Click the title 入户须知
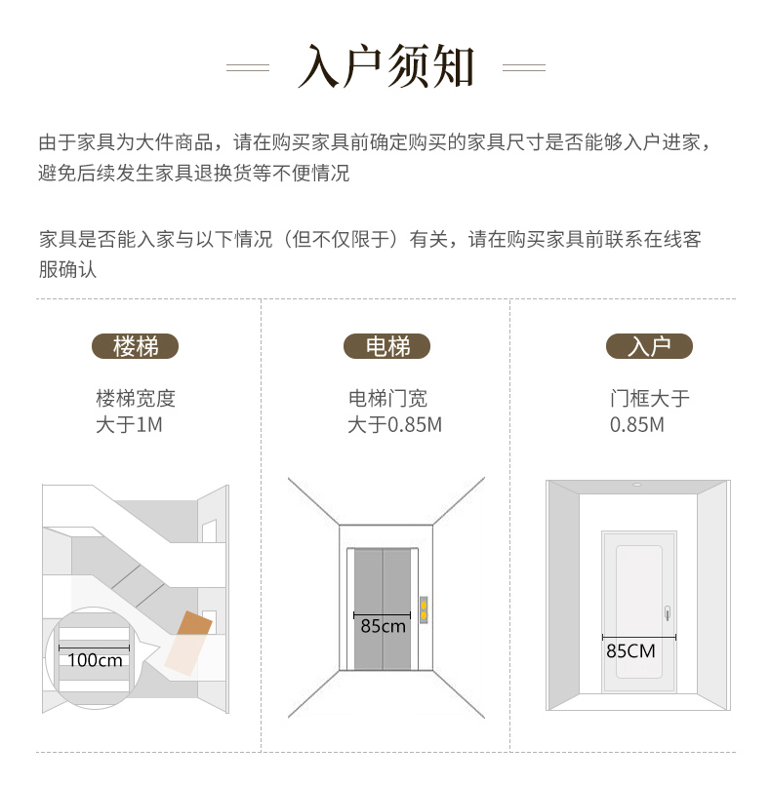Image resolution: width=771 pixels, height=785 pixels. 385,66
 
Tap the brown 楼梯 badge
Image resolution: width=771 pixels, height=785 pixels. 136,346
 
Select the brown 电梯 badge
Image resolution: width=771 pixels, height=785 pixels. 386,346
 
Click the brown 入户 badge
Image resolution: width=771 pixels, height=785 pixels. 649,346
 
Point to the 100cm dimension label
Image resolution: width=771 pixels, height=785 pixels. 95,660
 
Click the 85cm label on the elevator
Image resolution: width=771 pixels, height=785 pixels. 383,626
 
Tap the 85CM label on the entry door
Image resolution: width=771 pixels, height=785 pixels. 630,651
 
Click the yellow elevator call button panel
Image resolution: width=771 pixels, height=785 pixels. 424,610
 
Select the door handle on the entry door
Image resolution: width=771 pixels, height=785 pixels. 668,612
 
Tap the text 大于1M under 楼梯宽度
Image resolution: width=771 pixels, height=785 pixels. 129,425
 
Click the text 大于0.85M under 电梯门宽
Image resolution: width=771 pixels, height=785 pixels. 394,425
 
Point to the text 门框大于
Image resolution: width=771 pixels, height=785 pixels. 649,399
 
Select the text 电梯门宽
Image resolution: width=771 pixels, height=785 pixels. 387,399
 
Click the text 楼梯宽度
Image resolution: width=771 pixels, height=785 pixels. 136,399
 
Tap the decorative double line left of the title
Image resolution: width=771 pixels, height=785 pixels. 248,67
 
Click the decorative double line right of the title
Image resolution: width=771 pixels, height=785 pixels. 523,67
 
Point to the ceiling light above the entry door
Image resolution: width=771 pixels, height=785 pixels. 637,485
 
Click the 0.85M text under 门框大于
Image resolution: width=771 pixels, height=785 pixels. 636,425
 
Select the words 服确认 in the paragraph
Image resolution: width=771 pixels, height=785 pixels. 67,269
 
